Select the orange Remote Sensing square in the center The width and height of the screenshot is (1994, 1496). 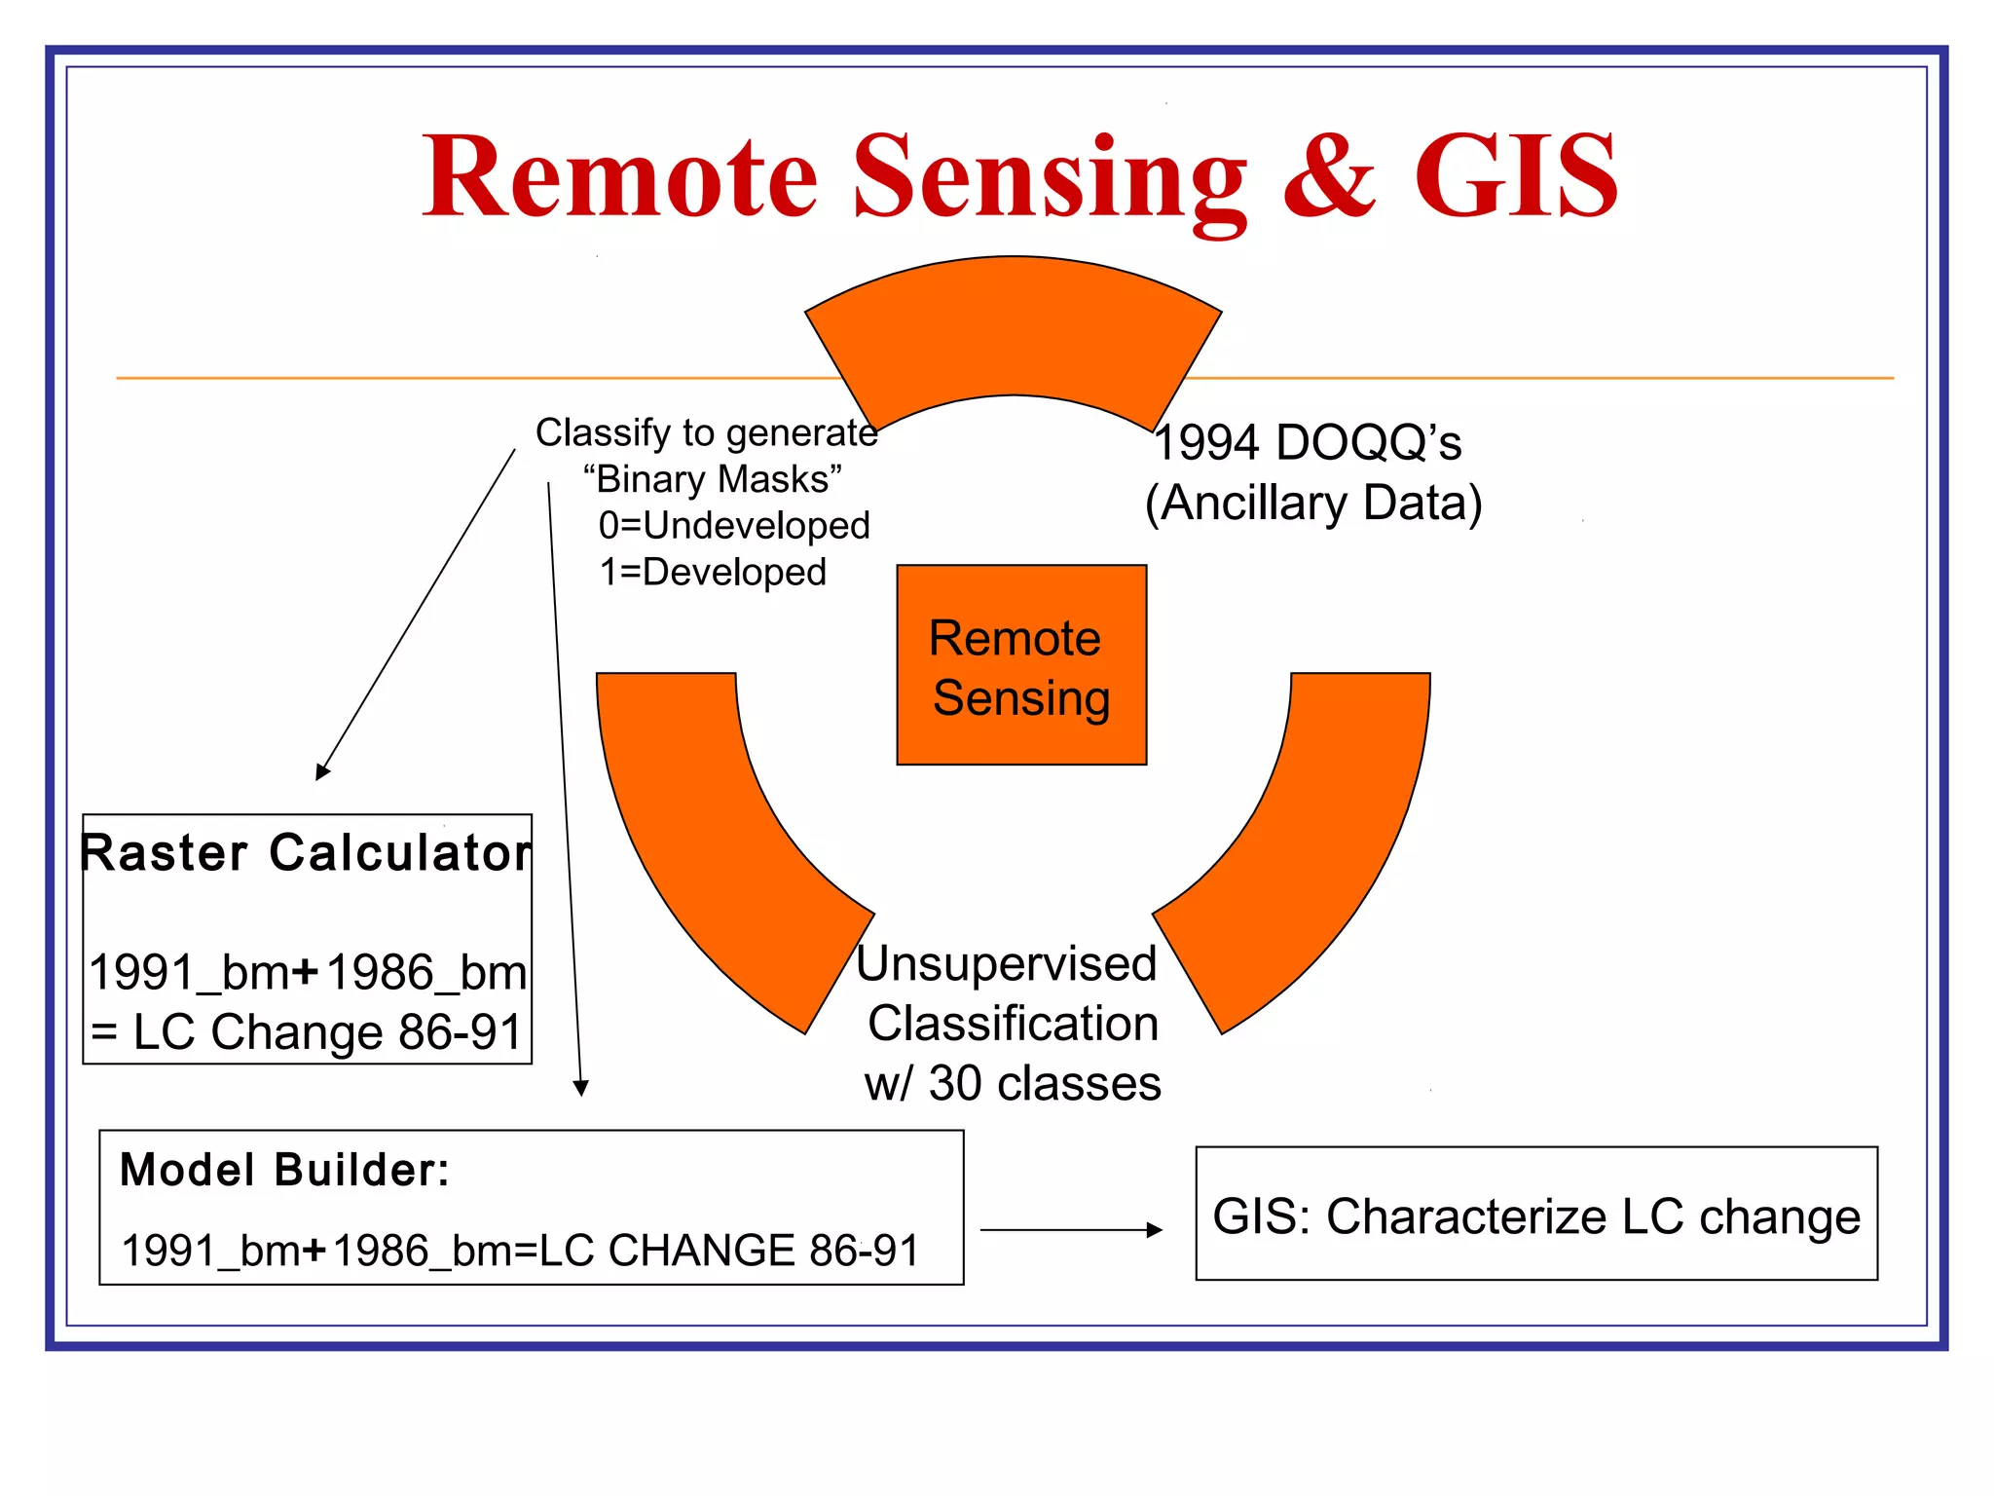click(1020, 665)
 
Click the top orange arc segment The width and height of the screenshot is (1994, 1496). click(1013, 327)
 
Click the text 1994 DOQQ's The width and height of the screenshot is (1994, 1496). click(1307, 443)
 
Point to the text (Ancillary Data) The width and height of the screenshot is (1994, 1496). click(1312, 504)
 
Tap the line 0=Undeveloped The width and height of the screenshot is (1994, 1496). click(734, 526)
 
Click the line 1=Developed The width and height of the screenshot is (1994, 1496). click(713, 573)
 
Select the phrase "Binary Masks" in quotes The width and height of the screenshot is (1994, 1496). click(712, 479)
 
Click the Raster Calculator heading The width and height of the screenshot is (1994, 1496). click(306, 853)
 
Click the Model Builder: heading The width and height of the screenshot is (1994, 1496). click(284, 1170)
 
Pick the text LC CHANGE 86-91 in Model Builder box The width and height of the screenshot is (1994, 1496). click(728, 1251)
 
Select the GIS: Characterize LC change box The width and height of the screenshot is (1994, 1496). click(1535, 1215)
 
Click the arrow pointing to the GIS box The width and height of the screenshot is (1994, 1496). click(1071, 1230)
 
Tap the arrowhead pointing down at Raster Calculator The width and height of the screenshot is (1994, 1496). click(323, 771)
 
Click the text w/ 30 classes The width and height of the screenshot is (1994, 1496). click(1013, 1084)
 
